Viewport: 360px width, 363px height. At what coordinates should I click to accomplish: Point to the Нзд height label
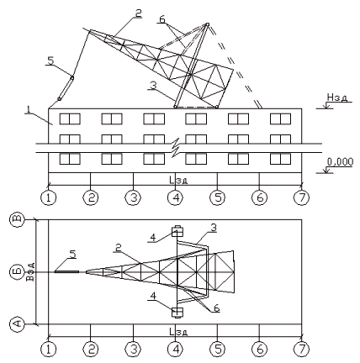pos(337,97)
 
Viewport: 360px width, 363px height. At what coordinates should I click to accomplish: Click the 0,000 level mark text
pos(340,162)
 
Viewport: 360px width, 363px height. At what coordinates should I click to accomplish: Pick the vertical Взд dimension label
pos(31,271)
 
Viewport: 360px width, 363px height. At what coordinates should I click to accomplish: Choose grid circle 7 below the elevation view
pos(301,197)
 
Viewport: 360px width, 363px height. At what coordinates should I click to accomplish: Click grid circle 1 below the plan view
pos(49,350)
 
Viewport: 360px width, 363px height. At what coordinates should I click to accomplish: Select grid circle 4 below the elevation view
pos(175,197)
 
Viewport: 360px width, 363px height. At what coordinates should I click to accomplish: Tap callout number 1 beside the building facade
pos(29,109)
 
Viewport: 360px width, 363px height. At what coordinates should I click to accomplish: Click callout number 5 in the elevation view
pos(50,60)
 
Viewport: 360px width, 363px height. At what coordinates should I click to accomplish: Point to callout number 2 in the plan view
pos(119,249)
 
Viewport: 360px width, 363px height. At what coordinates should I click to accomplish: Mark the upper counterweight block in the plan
pos(177,231)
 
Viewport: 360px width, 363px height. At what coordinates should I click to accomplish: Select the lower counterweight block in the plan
pos(177,313)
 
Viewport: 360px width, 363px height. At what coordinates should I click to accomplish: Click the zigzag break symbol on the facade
pos(176,148)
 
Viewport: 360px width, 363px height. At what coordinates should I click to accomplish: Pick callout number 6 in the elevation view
pos(162,19)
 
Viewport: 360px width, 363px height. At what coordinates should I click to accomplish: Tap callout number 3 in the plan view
pos(214,228)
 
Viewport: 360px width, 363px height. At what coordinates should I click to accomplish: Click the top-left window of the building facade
pos(70,118)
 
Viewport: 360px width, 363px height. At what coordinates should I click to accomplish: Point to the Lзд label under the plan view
pos(178,332)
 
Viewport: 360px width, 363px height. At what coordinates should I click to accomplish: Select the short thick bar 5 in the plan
pos(66,271)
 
